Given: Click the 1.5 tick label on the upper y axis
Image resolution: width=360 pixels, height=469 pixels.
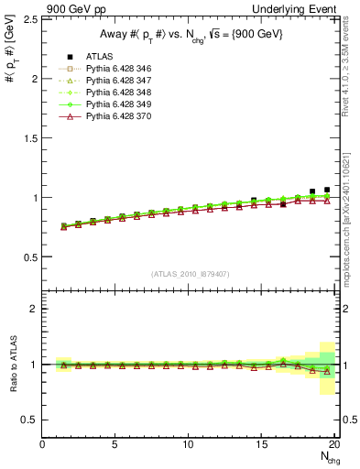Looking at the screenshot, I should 29,138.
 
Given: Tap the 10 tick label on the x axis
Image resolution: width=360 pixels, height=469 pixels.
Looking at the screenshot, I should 189,446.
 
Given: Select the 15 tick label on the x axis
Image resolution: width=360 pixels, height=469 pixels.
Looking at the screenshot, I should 262,446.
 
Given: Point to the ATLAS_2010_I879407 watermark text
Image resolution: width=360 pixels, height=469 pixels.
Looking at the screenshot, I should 189,273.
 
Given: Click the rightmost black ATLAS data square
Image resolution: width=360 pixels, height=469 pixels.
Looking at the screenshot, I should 327,190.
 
